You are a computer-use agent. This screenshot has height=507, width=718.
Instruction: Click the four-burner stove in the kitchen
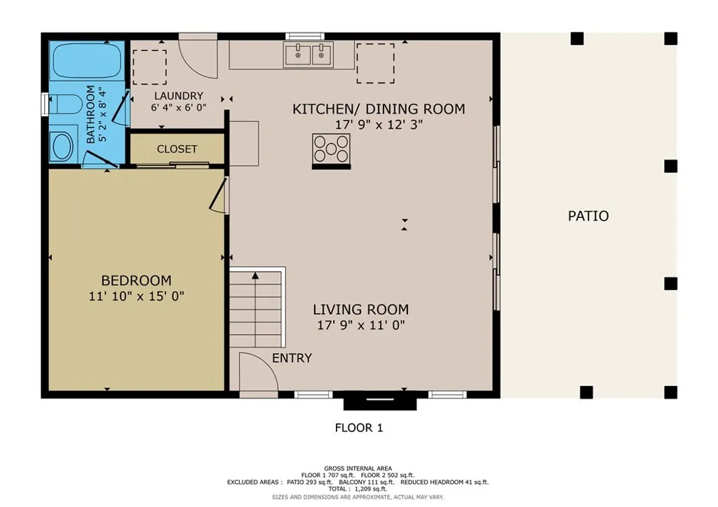[331, 148]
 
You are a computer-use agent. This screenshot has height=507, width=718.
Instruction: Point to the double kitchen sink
[309, 54]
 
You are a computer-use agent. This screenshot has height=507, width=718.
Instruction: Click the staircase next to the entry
[257, 308]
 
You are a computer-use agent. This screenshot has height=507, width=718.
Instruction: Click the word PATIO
[588, 216]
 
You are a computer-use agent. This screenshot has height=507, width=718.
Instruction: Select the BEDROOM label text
[136, 281]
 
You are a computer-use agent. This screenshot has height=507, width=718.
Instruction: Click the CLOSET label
[177, 149]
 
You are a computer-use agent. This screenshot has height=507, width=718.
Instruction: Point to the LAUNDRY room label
[178, 96]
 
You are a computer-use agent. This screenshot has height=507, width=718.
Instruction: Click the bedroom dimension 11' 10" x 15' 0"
[136, 296]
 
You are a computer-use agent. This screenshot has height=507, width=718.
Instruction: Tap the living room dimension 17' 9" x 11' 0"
[360, 325]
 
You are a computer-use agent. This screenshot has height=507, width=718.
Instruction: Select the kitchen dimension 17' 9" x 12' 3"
[379, 125]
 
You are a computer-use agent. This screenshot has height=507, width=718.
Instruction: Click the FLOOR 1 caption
[359, 427]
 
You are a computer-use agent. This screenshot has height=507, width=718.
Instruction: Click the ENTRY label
[292, 358]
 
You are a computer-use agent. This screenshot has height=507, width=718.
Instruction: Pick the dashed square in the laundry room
[149, 67]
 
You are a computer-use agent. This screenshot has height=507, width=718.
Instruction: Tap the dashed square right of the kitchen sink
[375, 63]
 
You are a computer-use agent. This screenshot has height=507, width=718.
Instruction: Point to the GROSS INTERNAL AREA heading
[358, 468]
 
